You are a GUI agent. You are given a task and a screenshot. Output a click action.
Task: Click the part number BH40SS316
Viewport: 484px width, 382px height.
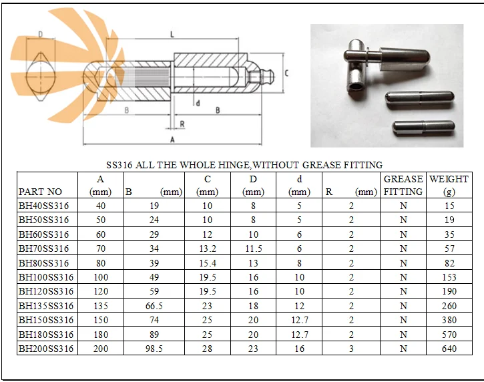point(43,206)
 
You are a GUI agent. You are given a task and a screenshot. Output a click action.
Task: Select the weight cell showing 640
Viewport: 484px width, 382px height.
point(449,349)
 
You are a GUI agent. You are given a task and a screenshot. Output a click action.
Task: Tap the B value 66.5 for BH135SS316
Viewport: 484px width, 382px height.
point(154,306)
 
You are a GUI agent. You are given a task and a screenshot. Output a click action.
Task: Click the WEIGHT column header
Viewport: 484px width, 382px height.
point(449,185)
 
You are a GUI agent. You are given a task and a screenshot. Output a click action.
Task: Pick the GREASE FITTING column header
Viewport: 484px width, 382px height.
point(403,185)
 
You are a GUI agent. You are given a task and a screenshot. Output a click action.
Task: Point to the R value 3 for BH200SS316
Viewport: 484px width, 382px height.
point(351,349)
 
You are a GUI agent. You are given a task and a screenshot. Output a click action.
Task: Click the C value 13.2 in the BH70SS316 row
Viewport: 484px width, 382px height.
point(208,248)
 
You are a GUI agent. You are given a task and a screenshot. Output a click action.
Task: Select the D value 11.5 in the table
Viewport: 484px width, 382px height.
point(254,248)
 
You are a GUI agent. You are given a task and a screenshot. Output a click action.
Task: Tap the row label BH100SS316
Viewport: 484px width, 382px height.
point(46,277)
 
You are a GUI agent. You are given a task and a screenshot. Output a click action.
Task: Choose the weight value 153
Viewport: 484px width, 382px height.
point(449,277)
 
